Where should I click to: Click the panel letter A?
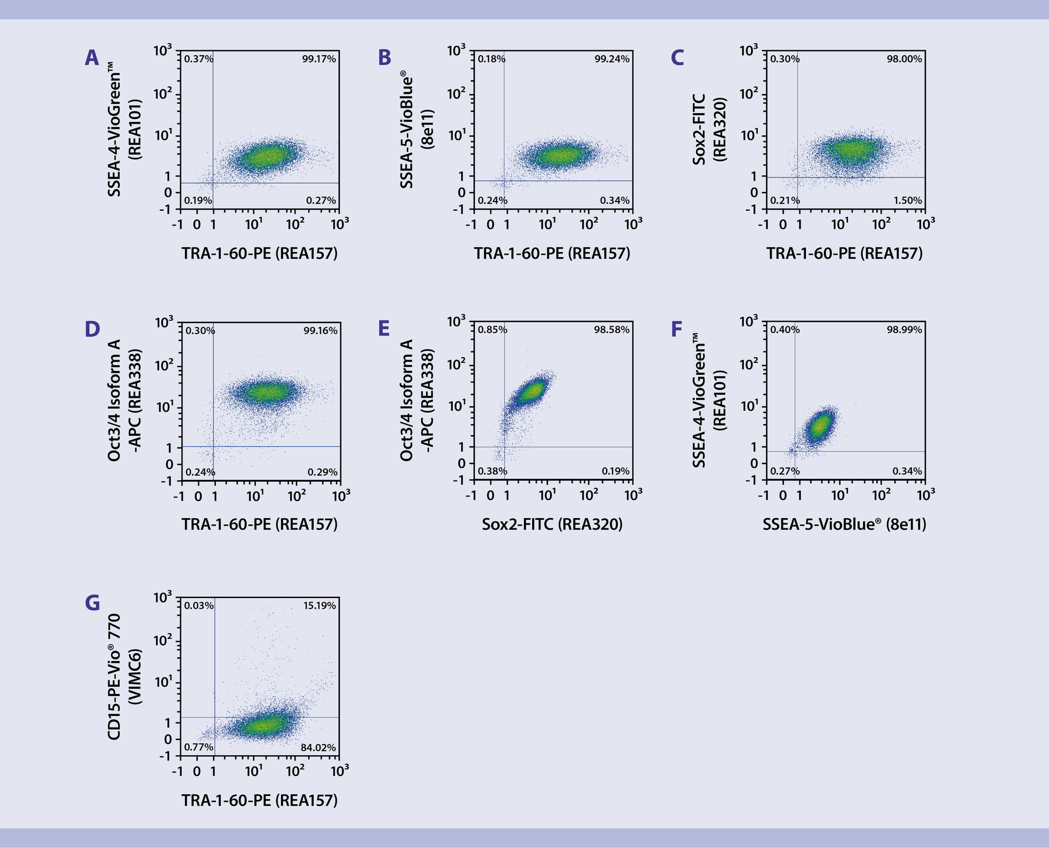click(x=92, y=57)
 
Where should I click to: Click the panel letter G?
click(x=92, y=603)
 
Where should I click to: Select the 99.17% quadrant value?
click(x=319, y=59)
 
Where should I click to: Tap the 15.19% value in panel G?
click(x=320, y=605)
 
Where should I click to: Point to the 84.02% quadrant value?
click(x=318, y=748)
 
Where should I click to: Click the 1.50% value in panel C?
click(x=907, y=200)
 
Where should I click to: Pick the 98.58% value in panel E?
click(x=612, y=330)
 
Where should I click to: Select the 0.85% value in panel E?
click(x=492, y=330)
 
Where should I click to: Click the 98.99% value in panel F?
click(x=904, y=330)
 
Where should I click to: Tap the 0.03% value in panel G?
click(x=199, y=605)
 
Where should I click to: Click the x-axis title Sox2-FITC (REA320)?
click(x=552, y=524)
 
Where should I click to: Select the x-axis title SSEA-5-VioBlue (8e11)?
click(x=844, y=524)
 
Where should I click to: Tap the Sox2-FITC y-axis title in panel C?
click(x=708, y=129)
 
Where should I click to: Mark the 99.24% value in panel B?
click(x=612, y=59)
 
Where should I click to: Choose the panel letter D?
click(x=92, y=329)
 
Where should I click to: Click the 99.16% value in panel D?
click(x=321, y=330)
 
